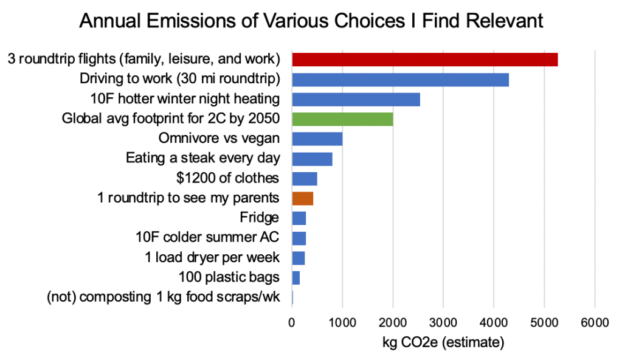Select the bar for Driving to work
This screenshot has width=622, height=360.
point(400,79)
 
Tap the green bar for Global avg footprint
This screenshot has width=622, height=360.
point(342,119)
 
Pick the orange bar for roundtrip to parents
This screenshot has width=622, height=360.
point(302,198)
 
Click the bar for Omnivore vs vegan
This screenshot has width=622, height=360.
point(317,139)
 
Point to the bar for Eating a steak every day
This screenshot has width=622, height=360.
point(312,159)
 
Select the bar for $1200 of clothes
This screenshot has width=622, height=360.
point(305,178)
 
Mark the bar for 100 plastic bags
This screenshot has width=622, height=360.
point(296,277)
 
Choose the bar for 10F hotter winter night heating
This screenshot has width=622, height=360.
point(356,99)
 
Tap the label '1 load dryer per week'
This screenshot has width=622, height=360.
point(212,257)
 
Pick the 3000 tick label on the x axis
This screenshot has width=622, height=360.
point(443,322)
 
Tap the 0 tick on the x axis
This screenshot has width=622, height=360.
point(292,322)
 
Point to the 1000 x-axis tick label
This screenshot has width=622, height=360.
point(342,322)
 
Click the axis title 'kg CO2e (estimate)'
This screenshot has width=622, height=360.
point(443,344)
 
